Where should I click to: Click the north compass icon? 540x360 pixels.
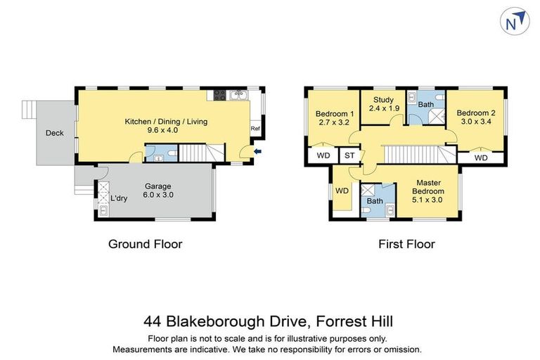click(x=513, y=23)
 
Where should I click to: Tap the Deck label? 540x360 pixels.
click(x=55, y=133)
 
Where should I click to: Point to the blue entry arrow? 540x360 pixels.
click(x=259, y=150)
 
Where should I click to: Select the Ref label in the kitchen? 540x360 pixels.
click(x=255, y=129)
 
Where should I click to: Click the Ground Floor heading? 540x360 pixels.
click(x=145, y=244)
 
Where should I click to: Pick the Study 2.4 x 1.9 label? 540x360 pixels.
click(x=384, y=104)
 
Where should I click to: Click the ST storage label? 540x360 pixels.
click(x=349, y=156)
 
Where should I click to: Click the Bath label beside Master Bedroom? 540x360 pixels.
click(x=375, y=200)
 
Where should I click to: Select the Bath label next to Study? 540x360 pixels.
click(x=426, y=105)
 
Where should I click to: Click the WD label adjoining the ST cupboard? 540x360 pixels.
click(x=323, y=156)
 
